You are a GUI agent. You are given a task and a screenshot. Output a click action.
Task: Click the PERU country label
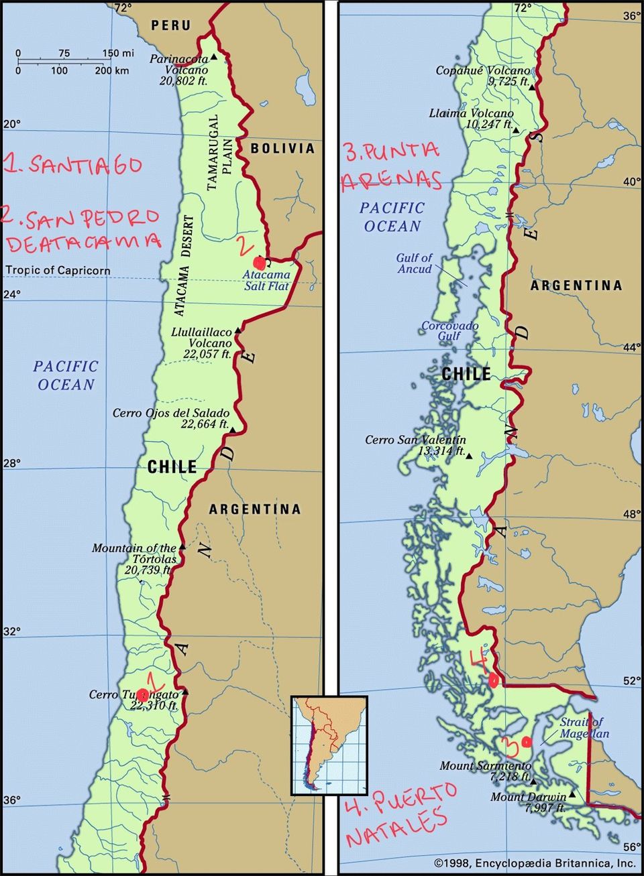pyautogui.click(x=170, y=25)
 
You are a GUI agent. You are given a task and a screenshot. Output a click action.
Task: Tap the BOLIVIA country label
pyautogui.click(x=282, y=148)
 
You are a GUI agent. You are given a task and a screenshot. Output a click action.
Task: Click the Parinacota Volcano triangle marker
pyautogui.click(x=213, y=57)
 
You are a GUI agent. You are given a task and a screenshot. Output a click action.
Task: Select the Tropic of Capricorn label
pyautogui.click(x=58, y=271)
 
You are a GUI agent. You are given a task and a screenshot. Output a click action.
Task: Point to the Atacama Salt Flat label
pyautogui.click(x=266, y=280)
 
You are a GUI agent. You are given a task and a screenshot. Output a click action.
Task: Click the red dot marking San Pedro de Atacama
pyautogui.click(x=259, y=263)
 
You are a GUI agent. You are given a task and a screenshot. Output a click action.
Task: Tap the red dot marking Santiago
pyautogui.click(x=142, y=695)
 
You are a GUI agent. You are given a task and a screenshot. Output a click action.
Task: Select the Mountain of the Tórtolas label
pyautogui.click(x=134, y=553)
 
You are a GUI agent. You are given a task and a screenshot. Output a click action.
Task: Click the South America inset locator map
pyautogui.click(x=329, y=745)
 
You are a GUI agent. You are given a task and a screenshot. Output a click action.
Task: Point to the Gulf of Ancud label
pyautogui.click(x=414, y=263)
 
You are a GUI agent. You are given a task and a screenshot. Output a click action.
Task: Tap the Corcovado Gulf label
pyautogui.click(x=449, y=330)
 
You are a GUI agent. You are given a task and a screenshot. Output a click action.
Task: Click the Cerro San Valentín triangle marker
pyautogui.click(x=469, y=456)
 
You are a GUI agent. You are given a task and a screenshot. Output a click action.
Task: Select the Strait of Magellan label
pyautogui.click(x=582, y=727)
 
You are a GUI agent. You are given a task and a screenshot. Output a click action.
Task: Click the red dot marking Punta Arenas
pyautogui.click(x=527, y=741)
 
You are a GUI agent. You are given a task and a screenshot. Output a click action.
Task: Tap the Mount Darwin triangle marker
pyautogui.click(x=572, y=796)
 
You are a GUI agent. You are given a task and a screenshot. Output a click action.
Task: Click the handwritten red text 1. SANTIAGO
pyautogui.click(x=72, y=165)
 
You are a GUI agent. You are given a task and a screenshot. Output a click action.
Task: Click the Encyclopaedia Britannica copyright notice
pyautogui.click(x=535, y=863)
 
